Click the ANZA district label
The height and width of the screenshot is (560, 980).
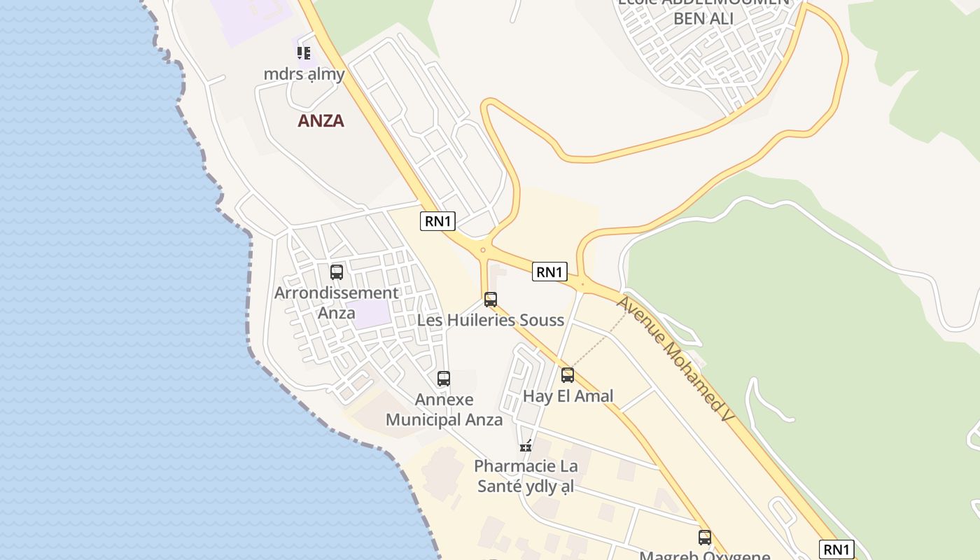tap(321, 120)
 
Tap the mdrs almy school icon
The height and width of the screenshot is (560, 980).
tap(304, 52)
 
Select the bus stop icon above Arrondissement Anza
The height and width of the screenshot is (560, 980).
tap(337, 272)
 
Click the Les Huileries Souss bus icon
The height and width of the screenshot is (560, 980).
tap(491, 300)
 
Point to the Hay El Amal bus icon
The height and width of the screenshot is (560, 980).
tap(568, 375)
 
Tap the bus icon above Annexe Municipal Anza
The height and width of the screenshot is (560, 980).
tap(444, 379)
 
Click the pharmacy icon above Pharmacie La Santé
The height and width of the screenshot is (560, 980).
tap(526, 446)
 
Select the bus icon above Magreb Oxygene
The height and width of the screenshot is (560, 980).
tap(705, 538)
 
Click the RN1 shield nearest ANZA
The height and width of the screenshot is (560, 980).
tap(438, 221)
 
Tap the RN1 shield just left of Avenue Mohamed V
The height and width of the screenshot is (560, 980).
tap(549, 272)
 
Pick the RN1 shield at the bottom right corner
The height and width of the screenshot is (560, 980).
tap(836, 549)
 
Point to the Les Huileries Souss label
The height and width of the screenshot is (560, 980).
tap(490, 321)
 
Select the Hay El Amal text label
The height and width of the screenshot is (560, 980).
tap(568, 396)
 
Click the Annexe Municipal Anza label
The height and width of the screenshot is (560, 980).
tap(444, 409)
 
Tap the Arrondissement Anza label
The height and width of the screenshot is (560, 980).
tap(337, 302)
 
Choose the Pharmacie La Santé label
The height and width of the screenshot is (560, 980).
tap(526, 476)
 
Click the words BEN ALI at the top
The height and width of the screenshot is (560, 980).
tap(703, 18)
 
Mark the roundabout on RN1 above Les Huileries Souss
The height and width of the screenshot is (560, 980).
tap(482, 250)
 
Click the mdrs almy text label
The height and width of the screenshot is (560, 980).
tap(304, 73)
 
